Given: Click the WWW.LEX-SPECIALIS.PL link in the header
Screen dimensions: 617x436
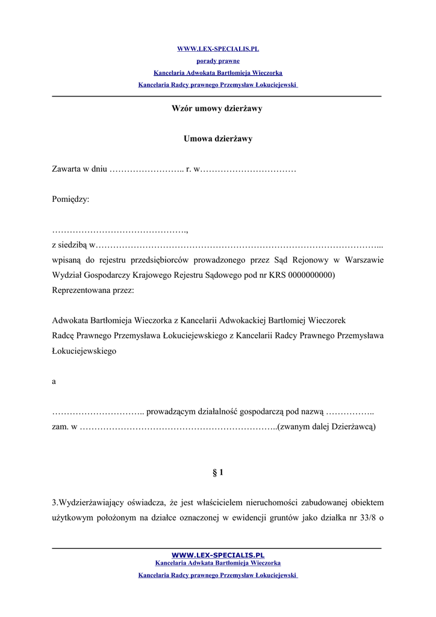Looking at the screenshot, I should click(x=217, y=49).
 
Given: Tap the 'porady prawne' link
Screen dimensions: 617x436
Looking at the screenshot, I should click(x=217, y=61).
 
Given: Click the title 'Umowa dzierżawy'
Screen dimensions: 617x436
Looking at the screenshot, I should click(x=217, y=139).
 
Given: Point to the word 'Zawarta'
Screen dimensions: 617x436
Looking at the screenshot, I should click(x=66, y=169).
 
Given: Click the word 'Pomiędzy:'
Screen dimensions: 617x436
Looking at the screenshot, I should click(x=70, y=199).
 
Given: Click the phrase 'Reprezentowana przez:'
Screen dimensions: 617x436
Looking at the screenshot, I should click(x=93, y=290).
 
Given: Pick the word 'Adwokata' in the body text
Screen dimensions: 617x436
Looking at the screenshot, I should click(x=70, y=321).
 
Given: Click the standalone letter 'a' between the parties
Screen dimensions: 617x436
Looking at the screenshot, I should click(x=54, y=381).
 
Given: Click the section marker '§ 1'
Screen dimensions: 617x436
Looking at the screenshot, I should click(x=218, y=472).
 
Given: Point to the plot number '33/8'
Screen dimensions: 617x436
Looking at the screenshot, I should click(x=366, y=518).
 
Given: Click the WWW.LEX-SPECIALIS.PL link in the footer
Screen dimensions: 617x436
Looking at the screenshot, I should click(x=218, y=555).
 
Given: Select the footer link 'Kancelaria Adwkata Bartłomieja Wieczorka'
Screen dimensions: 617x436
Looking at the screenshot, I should click(x=218, y=563).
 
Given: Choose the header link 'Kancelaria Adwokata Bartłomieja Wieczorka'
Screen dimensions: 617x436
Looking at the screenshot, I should click(x=217, y=73).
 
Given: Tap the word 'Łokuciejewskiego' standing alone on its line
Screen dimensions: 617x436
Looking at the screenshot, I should click(x=84, y=351).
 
